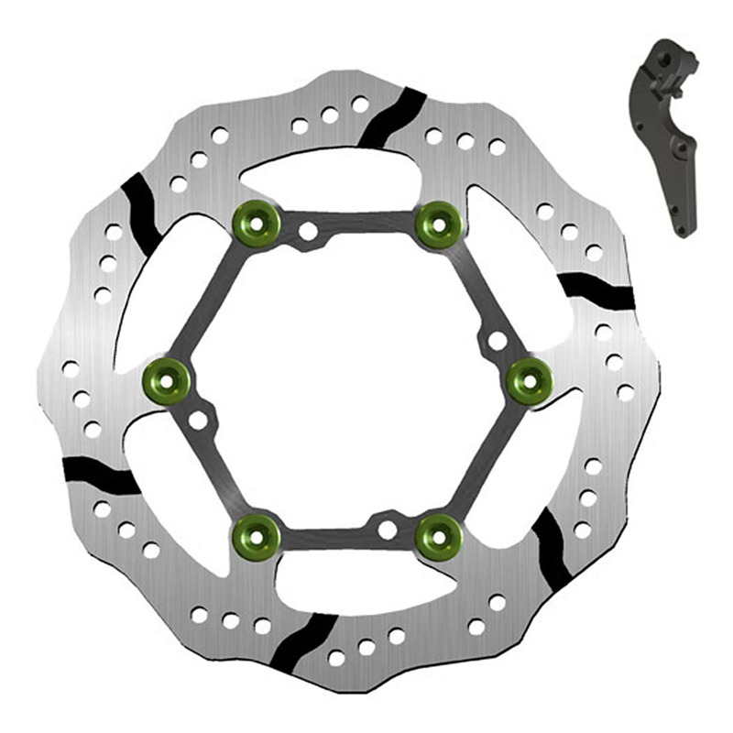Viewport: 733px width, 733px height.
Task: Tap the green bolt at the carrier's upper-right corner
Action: pos(437,223)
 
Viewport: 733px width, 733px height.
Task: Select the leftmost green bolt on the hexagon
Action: pos(167,380)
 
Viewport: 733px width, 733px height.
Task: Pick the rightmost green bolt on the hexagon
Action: pos(530,380)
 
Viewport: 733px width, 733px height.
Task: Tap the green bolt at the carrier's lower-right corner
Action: pos(437,535)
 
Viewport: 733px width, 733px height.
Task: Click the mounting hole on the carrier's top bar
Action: pos(309,231)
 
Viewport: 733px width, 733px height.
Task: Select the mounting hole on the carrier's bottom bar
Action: pos(388,530)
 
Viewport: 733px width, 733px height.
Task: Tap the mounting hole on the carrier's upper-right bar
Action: pos(498,341)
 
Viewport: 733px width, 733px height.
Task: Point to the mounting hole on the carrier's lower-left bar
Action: pos(198,421)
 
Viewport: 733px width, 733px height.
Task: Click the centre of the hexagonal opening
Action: pos(348,380)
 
